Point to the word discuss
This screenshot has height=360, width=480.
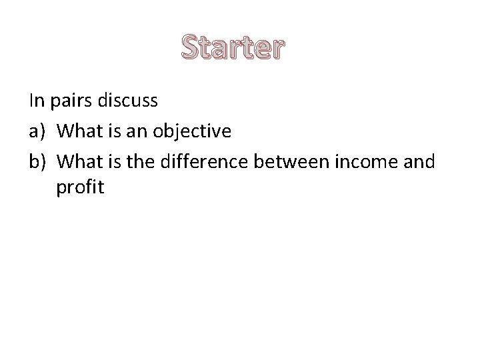click(126, 101)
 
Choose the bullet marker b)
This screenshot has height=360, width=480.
click(37, 161)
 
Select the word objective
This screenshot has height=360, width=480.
click(193, 132)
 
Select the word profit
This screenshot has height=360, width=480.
click(80, 189)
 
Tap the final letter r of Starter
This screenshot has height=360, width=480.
click(277, 51)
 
